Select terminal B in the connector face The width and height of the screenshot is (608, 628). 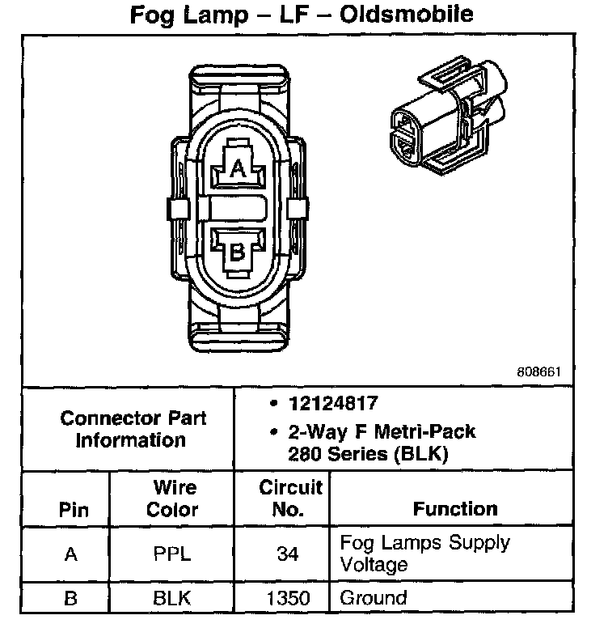coord(238,251)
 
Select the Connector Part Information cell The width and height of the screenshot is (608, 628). coord(133,429)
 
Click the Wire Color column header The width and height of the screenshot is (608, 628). coord(175,499)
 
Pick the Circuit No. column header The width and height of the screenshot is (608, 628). coord(290,499)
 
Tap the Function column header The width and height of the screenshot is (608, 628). coord(455,509)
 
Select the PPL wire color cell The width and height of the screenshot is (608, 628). coord(173,555)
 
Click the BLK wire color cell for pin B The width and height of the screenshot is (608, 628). coord(173,599)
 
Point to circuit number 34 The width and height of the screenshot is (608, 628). coord(287,555)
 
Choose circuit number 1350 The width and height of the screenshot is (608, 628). coord(287,599)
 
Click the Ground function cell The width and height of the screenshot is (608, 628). coord(373,599)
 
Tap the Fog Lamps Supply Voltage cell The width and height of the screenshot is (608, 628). coord(424,553)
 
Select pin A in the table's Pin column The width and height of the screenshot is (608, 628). coord(72,555)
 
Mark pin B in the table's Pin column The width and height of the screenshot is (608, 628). coord(72,599)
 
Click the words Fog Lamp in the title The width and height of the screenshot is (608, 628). coord(188,15)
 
